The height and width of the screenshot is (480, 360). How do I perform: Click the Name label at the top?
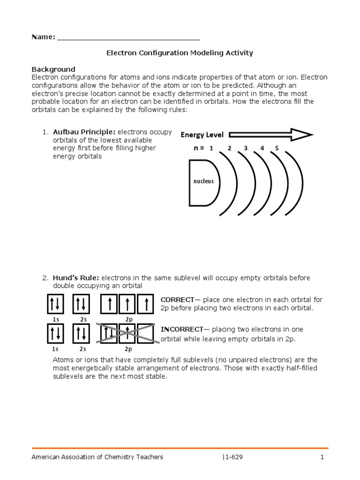[x=43, y=37]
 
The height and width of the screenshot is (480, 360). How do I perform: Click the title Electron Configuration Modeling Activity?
[x=180, y=53]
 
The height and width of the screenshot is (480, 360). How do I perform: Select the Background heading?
[x=53, y=69]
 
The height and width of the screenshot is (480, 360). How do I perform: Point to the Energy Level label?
[x=202, y=135]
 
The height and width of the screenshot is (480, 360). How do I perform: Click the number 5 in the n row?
[x=277, y=148]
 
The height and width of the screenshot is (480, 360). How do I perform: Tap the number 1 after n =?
[x=211, y=148]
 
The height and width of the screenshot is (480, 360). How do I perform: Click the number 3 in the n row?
[x=245, y=148]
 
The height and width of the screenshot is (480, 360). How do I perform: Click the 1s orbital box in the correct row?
[x=56, y=304]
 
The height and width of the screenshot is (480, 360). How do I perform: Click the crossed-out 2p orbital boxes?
[x=127, y=333]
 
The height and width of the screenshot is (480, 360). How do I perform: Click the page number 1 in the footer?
[x=322, y=457]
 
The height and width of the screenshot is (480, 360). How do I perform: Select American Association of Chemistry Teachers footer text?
[x=97, y=457]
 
